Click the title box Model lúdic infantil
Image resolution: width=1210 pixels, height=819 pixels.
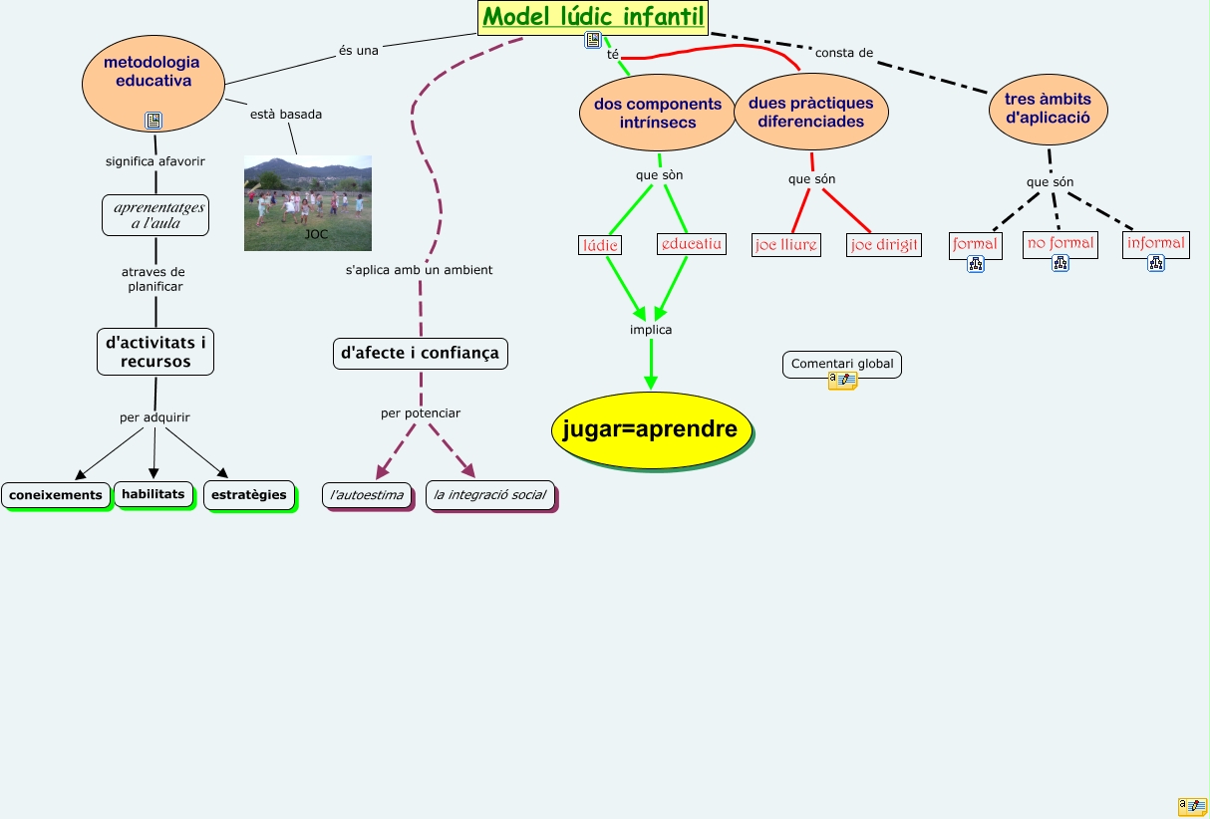(593, 17)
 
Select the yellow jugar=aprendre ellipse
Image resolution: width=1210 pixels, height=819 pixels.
(650, 429)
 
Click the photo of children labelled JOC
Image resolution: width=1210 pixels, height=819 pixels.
(308, 202)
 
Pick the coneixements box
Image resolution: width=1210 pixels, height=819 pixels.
(56, 495)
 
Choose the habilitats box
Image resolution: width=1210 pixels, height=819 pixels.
(153, 494)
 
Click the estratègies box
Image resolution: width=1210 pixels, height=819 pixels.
(249, 494)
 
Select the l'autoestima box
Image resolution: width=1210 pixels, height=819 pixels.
(367, 495)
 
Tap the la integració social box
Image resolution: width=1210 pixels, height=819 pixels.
(489, 495)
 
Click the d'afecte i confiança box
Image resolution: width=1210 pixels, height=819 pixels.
(420, 353)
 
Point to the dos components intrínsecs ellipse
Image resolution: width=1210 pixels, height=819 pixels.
(657, 113)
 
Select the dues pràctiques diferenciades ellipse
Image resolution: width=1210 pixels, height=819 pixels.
(810, 112)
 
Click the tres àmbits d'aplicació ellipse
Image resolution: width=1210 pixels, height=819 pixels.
(1048, 108)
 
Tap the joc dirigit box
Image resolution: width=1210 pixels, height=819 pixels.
(884, 245)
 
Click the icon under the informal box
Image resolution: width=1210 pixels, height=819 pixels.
(1155, 264)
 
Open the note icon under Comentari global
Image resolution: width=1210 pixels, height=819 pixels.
(842, 381)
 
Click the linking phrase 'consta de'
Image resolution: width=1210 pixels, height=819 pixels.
(844, 53)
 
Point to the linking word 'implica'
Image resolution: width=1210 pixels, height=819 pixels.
(651, 330)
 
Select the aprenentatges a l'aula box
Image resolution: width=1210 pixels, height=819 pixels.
(155, 215)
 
